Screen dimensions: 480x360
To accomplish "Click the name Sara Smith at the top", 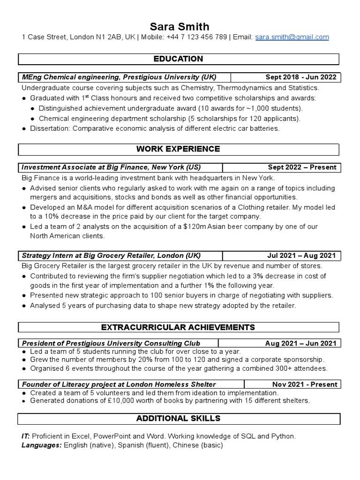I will pyautogui.click(x=180, y=26).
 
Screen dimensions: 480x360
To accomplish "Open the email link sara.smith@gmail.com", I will pyautogui.click(x=292, y=37).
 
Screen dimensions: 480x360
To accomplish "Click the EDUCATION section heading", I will pyautogui.click(x=179, y=59).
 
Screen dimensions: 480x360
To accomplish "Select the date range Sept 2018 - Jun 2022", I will pyautogui.click(x=301, y=77).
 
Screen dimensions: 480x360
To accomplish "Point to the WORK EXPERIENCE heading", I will pyautogui.click(x=178, y=149).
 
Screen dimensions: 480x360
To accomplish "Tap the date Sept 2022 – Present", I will pyautogui.click(x=302, y=167).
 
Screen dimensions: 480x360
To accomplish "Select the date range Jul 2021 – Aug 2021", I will pyautogui.click(x=302, y=255).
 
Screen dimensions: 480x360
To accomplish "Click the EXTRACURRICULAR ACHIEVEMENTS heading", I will pyautogui.click(x=179, y=327).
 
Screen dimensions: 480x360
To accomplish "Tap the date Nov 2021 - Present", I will pyautogui.click(x=305, y=384).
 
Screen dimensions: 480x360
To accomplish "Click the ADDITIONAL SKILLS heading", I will pyautogui.click(x=178, y=418).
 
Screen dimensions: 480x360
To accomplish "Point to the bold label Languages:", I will pyautogui.click(x=41, y=445).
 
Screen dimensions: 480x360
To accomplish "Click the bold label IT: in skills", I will pyautogui.click(x=26, y=436).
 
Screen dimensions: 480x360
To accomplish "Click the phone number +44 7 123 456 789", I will pyautogui.click(x=198, y=37).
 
